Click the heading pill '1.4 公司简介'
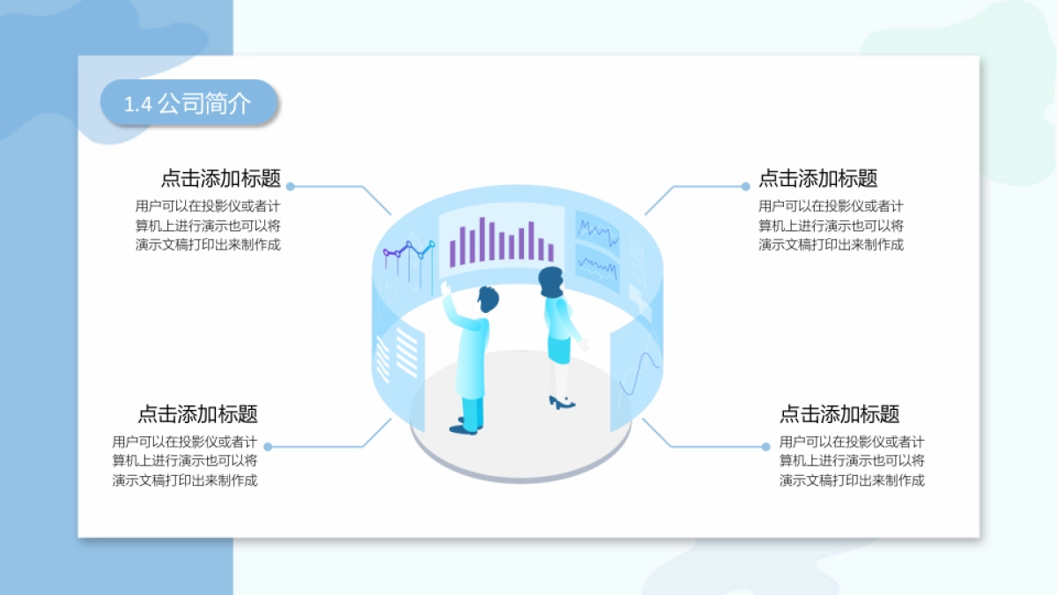pos(188,103)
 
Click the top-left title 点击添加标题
pos(220,179)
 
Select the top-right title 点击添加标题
pos(817,179)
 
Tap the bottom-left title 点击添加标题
pos(197,414)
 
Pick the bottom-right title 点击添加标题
pos(839,414)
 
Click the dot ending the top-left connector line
pos(291,187)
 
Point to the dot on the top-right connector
pos(746,187)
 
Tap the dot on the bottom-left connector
pos(268,447)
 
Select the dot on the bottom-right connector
pos(765,447)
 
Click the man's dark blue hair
pos(488,298)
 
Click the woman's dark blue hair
pos(551,280)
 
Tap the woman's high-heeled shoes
pos(561,404)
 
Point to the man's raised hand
pos(446,288)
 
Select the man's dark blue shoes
pos(463,428)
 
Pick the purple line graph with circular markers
pos(409,251)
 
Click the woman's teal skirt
pos(560,347)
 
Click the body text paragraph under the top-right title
pos(831,226)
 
